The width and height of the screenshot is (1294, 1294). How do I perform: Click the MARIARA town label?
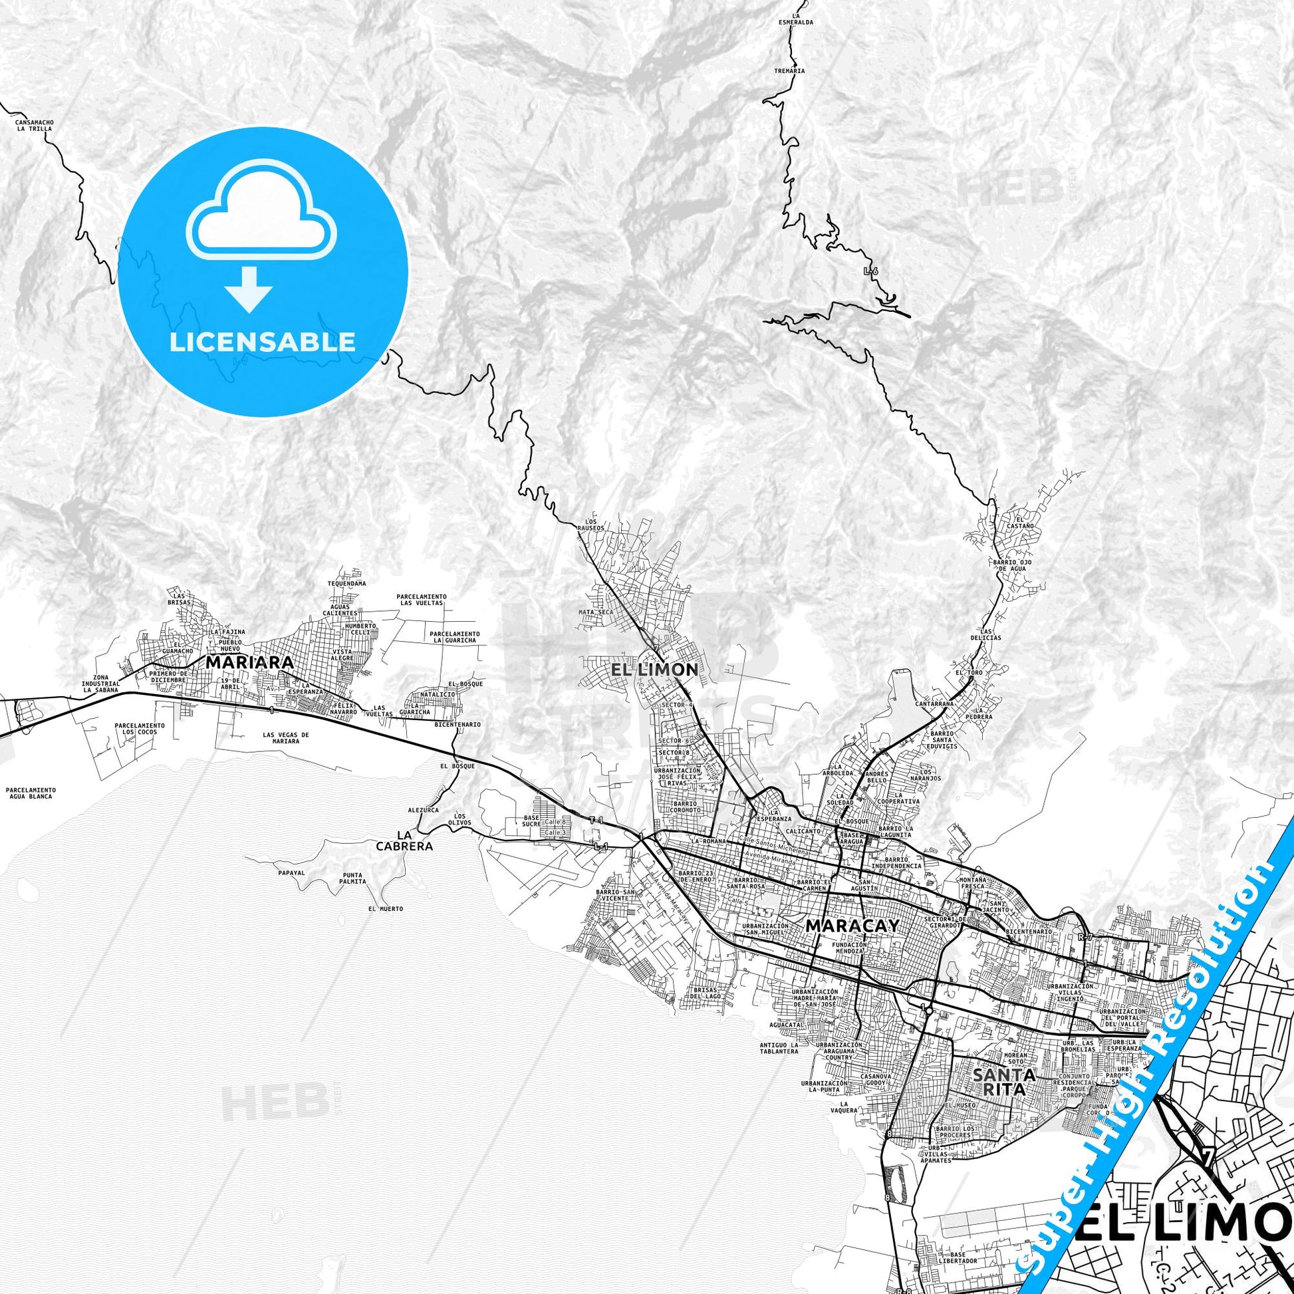(249, 662)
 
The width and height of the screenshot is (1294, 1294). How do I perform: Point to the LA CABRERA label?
(413, 841)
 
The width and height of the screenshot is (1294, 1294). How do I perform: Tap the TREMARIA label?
(789, 70)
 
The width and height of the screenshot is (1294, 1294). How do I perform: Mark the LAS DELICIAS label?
(986, 634)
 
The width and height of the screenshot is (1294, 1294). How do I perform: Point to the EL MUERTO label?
(386, 909)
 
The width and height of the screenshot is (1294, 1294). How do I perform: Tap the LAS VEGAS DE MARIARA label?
(286, 738)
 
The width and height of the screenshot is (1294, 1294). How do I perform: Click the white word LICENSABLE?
(263, 342)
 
